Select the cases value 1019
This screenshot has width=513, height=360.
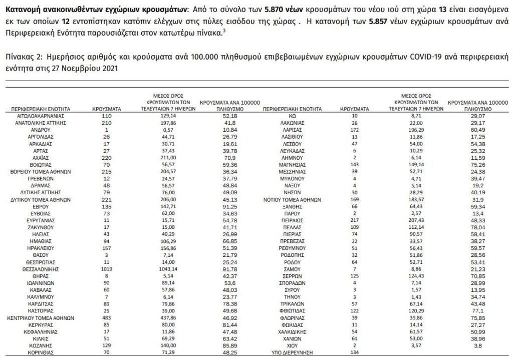105,282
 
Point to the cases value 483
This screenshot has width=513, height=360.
105,317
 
